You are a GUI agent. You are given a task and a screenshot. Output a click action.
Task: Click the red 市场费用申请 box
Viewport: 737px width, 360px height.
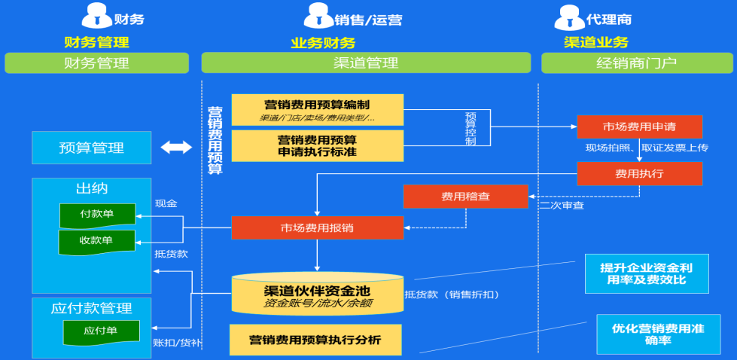click(640, 127)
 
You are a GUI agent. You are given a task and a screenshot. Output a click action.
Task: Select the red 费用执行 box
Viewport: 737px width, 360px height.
click(640, 173)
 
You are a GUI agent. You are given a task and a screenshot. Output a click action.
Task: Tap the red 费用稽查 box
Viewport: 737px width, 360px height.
click(465, 196)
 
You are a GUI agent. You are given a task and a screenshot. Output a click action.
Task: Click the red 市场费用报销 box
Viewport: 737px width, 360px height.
click(317, 227)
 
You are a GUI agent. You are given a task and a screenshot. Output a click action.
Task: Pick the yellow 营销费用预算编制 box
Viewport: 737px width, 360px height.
click(317, 109)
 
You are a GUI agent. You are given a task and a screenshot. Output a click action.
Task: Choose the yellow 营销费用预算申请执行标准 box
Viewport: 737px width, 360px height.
click(317, 145)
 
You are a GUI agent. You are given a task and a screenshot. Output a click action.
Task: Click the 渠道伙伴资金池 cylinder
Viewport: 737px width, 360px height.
click(317, 294)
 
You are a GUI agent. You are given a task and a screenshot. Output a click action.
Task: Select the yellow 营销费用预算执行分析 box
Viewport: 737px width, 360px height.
click(315, 340)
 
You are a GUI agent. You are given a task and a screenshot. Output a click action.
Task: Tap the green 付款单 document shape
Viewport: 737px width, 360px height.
click(97, 215)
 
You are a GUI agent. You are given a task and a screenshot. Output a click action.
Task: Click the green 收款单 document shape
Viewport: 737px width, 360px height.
click(97, 242)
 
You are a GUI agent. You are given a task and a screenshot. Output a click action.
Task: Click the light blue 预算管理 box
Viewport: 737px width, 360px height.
click(91, 148)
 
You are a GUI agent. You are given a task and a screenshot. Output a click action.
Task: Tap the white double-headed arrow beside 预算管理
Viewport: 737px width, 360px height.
click(176, 148)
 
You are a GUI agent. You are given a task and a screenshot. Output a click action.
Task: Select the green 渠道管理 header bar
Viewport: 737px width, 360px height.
click(366, 63)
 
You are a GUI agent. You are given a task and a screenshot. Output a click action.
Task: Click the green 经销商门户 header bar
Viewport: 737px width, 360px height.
click(635, 63)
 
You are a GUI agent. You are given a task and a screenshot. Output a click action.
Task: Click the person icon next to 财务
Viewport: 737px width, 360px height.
click(96, 17)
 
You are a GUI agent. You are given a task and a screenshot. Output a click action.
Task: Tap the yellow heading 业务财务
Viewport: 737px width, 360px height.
click(323, 43)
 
